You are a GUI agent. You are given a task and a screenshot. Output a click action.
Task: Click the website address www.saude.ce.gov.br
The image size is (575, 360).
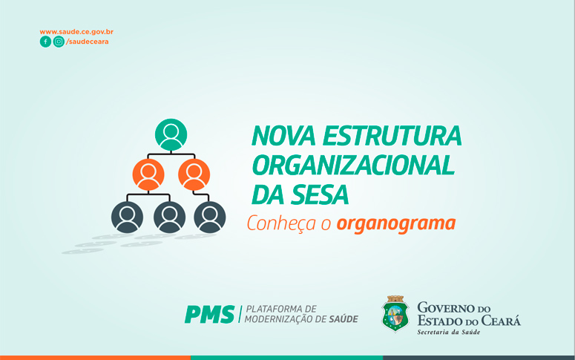(76, 32)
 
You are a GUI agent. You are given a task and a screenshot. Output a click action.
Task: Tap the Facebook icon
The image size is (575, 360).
(45, 42)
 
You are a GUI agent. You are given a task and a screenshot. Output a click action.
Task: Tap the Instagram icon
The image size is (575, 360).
(59, 42)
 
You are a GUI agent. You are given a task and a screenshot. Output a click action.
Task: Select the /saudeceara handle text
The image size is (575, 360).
(88, 42)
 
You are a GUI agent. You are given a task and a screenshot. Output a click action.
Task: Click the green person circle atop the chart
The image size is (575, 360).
(171, 134)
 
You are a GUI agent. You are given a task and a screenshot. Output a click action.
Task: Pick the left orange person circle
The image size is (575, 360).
(148, 174)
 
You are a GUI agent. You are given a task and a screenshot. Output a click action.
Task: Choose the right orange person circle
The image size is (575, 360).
(194, 174)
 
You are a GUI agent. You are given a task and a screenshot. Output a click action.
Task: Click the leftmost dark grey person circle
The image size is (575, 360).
(128, 217)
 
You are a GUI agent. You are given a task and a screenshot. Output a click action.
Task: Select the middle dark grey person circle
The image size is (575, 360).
(169, 217)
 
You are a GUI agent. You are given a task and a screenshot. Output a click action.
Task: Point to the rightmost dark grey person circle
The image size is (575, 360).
(210, 217)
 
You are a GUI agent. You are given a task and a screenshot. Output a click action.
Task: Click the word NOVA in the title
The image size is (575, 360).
(283, 136)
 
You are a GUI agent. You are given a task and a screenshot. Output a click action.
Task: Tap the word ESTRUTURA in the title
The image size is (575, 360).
(392, 136)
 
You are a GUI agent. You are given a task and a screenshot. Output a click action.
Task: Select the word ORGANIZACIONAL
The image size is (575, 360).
(353, 165)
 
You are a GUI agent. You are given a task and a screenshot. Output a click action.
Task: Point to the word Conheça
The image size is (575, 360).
(281, 223)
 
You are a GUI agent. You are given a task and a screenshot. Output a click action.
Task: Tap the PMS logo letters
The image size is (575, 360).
(210, 315)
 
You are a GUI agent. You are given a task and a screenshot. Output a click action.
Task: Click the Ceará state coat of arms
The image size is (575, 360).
(395, 314)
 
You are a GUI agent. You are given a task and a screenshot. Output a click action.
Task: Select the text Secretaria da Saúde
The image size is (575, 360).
(448, 332)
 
